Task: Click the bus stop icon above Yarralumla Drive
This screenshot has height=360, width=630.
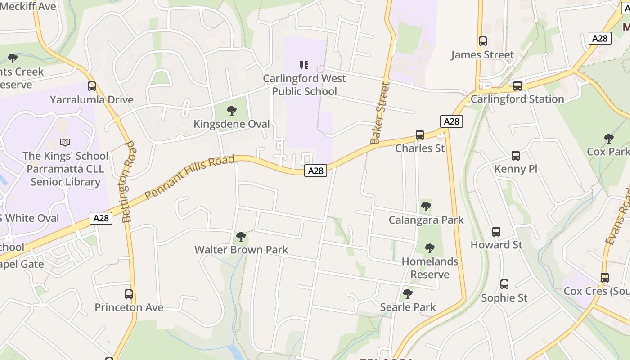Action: pyautogui.click(x=92, y=86)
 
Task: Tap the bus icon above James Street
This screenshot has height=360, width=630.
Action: pyautogui.click(x=483, y=41)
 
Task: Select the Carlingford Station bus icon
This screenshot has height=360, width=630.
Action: pyautogui.click(x=517, y=85)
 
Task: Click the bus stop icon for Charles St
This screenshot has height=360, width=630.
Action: pyautogui.click(x=420, y=135)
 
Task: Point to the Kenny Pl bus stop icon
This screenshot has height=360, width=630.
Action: pyautogui.click(x=516, y=156)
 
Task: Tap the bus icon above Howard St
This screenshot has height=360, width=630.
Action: pyautogui.click(x=496, y=232)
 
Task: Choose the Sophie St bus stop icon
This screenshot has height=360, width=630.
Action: pyautogui.click(x=504, y=284)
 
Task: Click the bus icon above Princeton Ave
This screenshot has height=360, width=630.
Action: pyautogui.click(x=129, y=294)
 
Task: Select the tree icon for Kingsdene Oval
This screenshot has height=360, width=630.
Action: pyautogui.click(x=232, y=111)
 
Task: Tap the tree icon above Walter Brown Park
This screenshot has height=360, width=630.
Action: pyautogui.click(x=241, y=237)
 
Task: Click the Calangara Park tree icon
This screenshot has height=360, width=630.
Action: pyautogui.click(x=426, y=207)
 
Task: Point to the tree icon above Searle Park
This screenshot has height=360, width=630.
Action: pyautogui.click(x=408, y=294)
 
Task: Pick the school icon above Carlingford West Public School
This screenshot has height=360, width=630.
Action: pyautogui.click(x=304, y=65)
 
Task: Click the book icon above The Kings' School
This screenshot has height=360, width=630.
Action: pyautogui.click(x=65, y=143)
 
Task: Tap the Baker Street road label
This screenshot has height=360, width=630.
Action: pyautogui.click(x=379, y=113)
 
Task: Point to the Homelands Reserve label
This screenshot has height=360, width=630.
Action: pyautogui.click(x=430, y=268)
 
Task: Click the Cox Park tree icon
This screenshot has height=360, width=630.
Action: pyautogui.click(x=609, y=138)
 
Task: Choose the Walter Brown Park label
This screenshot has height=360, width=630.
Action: pyautogui.click(x=241, y=250)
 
